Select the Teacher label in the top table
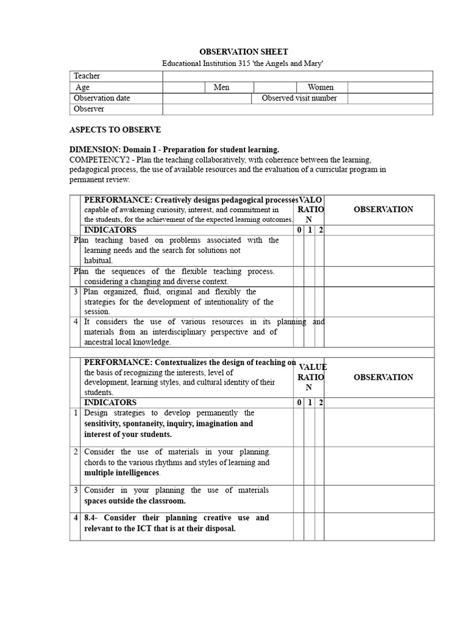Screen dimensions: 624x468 (x=87, y=76)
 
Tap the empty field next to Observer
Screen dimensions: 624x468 (x=297, y=109)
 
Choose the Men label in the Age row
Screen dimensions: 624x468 (x=221, y=87)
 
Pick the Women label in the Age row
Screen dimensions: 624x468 (x=320, y=87)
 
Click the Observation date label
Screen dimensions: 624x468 (x=102, y=98)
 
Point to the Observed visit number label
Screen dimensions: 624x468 (x=299, y=98)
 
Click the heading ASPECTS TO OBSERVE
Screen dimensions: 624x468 (x=115, y=130)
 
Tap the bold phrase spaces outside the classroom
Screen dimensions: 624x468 (x=135, y=501)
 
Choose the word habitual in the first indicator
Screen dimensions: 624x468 (x=98, y=260)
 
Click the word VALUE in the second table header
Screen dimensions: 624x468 (x=313, y=367)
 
